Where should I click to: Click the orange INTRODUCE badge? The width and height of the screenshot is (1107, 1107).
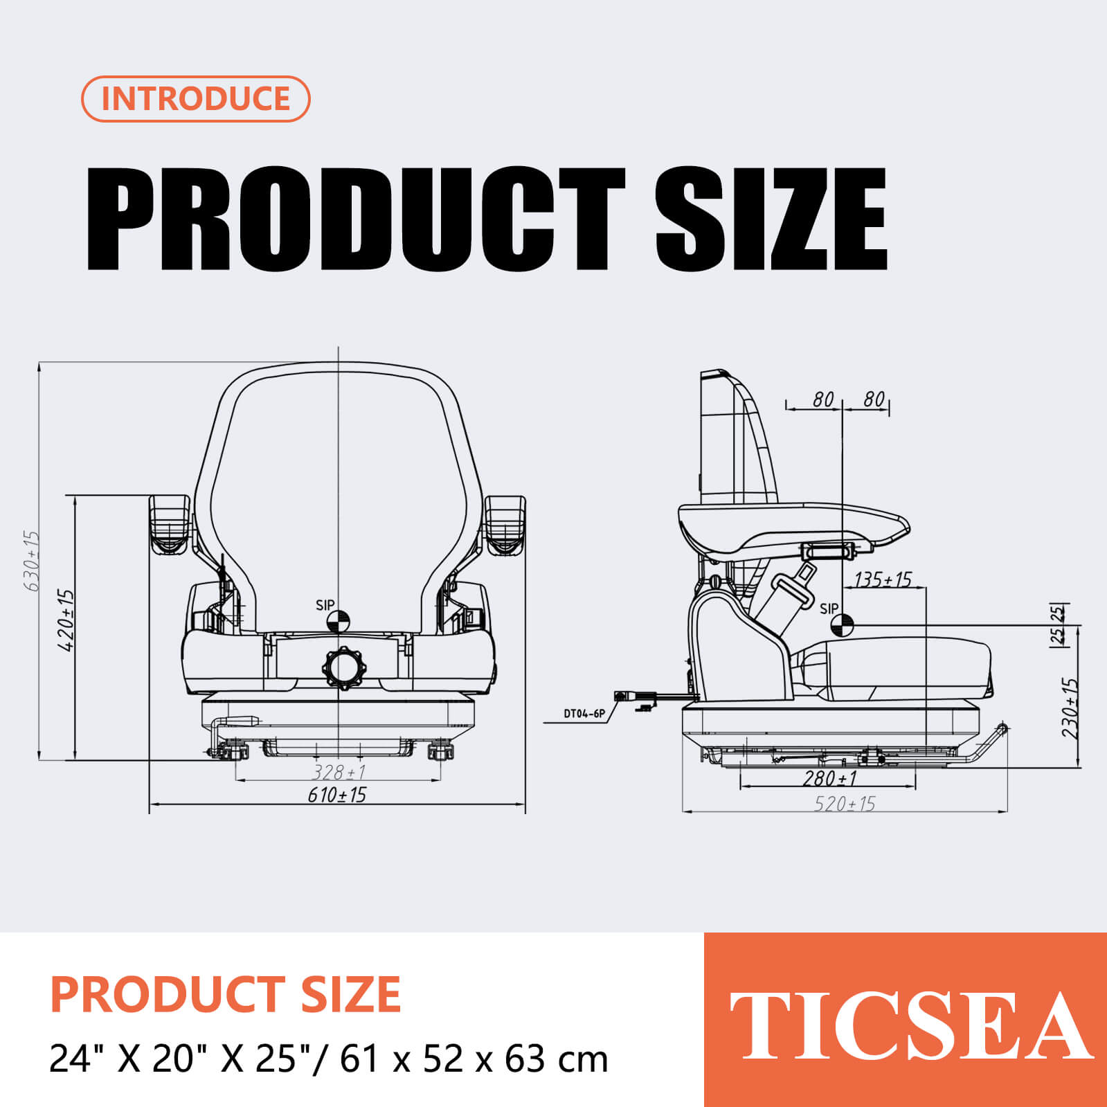195,98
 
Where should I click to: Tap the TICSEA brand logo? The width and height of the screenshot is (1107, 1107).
909,1025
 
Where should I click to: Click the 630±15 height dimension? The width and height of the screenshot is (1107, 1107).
32,561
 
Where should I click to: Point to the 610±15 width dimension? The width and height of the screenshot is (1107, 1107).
337,795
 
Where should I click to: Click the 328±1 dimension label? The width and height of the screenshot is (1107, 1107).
339,771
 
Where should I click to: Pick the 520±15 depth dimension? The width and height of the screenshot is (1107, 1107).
845,804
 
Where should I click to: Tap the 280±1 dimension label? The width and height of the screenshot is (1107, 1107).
830,778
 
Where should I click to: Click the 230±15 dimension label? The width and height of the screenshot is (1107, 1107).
1070,708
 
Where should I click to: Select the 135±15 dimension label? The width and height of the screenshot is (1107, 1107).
883,579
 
